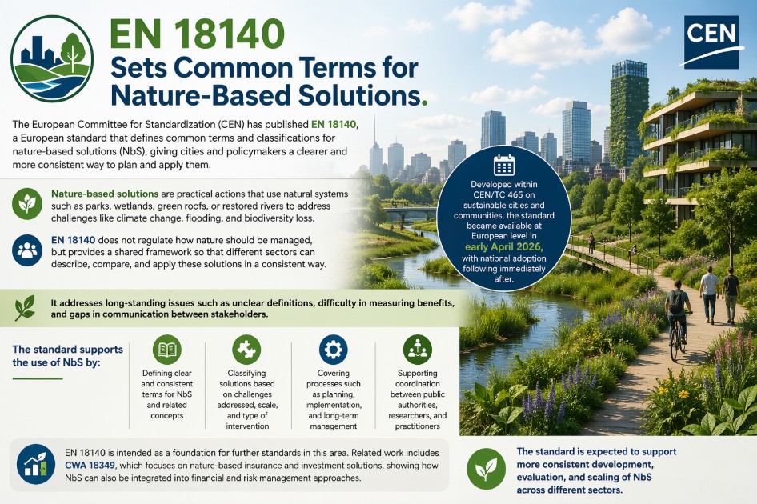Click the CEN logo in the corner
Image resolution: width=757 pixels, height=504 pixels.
click(x=711, y=42)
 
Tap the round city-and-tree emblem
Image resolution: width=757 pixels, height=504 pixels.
click(x=52, y=58)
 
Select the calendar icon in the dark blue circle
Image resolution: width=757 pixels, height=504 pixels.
click(x=504, y=165)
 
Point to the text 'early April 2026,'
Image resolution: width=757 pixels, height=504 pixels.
click(x=504, y=247)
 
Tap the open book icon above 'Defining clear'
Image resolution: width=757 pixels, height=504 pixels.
click(x=167, y=350)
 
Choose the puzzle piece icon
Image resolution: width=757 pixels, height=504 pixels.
click(x=246, y=350)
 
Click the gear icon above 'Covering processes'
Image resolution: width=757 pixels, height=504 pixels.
click(x=334, y=350)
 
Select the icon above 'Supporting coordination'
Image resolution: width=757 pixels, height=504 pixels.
click(x=418, y=350)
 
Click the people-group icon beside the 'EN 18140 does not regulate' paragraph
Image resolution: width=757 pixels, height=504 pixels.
click(x=27, y=250)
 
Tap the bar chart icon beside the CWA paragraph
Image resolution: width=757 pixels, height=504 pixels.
click(x=36, y=465)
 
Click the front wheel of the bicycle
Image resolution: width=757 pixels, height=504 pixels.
click(x=675, y=345)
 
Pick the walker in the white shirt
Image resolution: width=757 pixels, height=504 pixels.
click(x=709, y=294)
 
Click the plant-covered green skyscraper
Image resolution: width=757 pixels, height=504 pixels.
click(x=629, y=114)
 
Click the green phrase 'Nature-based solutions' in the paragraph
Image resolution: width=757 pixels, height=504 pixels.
click(x=105, y=194)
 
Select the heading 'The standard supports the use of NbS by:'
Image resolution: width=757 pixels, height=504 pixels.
click(x=67, y=356)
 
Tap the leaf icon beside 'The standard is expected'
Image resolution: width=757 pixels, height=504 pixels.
click(x=487, y=468)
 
